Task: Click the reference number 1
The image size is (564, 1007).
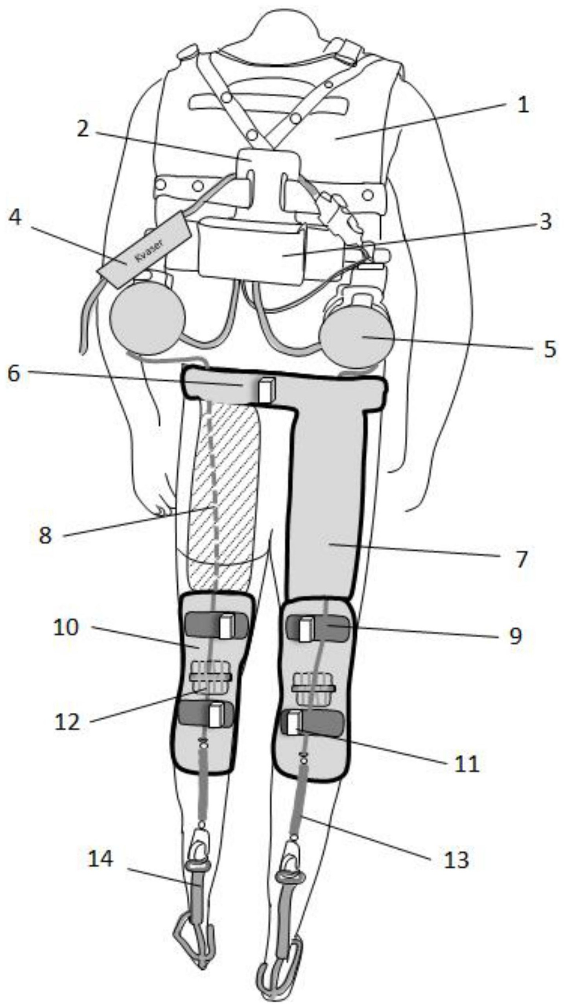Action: [x=522, y=105]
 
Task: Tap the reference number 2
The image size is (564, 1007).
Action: [x=83, y=129]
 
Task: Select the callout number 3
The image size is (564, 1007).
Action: [x=545, y=221]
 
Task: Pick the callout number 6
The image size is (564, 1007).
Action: [x=14, y=373]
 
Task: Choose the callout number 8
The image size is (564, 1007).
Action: [x=45, y=535]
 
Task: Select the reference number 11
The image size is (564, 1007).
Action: [x=467, y=763]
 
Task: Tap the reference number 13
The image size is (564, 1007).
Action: [x=456, y=859]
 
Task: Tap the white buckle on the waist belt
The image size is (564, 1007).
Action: [x=265, y=390]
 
